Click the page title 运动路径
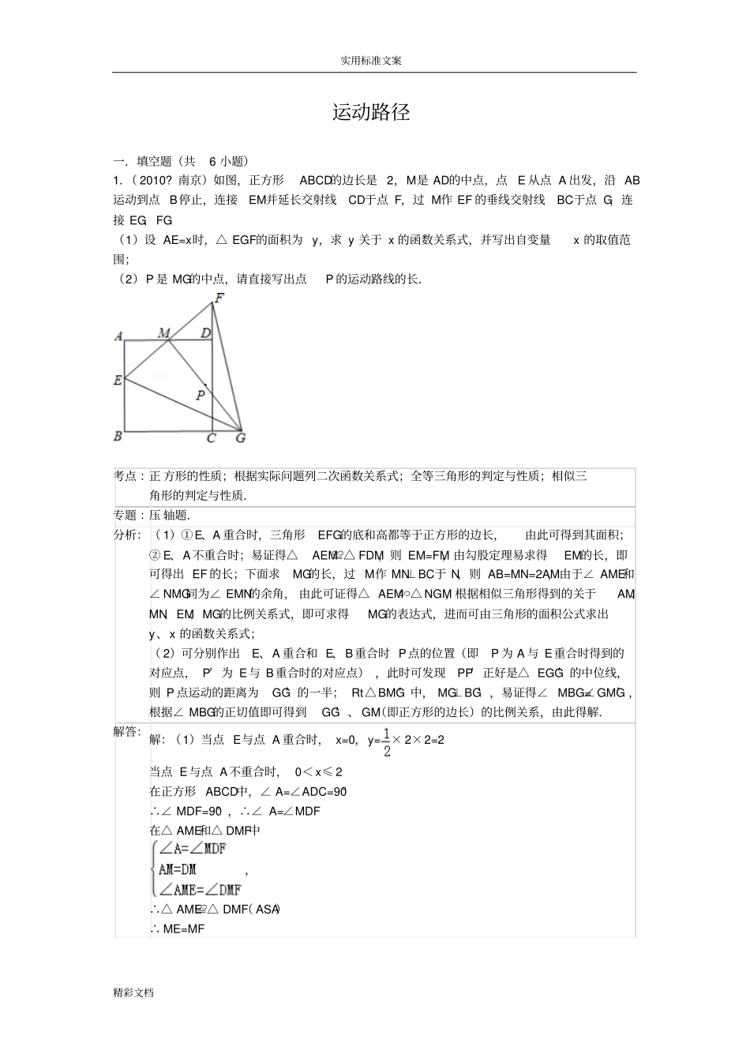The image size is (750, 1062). [x=371, y=112]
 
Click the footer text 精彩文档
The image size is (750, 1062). [x=133, y=993]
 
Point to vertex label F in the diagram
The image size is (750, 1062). [x=219, y=298]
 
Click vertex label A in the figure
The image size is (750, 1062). [x=118, y=336]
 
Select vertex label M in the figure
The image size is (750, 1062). [x=164, y=333]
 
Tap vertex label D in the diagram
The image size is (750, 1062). [x=205, y=333]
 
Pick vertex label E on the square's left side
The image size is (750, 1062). [x=118, y=380]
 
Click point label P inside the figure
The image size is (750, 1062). [x=201, y=396]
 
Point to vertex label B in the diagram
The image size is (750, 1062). [x=118, y=435]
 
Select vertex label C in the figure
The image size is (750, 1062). [x=212, y=438]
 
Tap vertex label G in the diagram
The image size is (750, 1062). [x=241, y=437]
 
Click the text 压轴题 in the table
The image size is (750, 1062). [x=169, y=515]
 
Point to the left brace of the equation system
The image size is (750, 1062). [x=154, y=869]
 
